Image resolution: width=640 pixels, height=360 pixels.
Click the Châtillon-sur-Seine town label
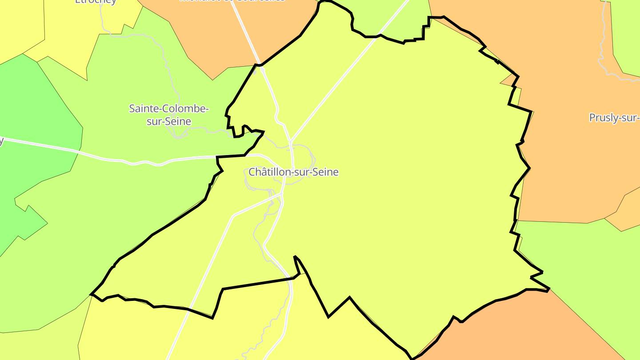[293, 172]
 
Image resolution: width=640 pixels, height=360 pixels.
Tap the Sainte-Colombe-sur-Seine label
[169, 115]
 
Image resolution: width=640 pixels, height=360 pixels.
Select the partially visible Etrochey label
[96, 1]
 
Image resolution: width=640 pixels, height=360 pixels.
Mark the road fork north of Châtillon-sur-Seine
[290, 141]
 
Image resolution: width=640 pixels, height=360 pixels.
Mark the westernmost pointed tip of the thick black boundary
[91, 294]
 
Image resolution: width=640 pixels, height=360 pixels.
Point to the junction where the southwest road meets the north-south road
[282, 194]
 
